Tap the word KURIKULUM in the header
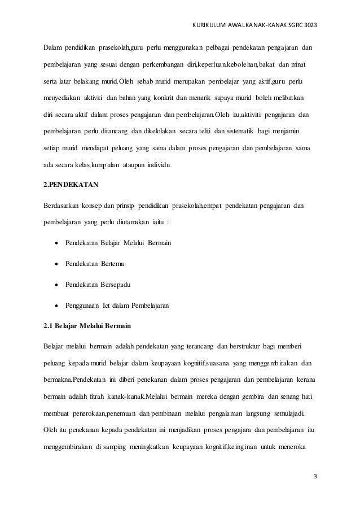209,10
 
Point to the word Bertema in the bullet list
113,263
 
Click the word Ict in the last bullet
107,306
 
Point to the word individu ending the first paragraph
161,166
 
